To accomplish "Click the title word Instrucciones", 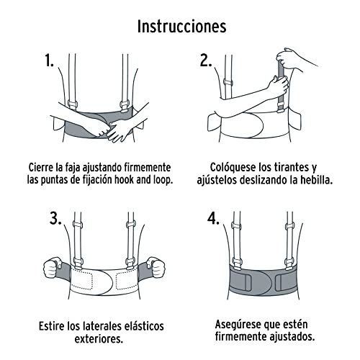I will (181, 27).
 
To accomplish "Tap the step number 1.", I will (50, 61).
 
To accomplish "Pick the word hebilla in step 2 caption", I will (310, 179).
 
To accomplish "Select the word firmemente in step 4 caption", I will (243, 338).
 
